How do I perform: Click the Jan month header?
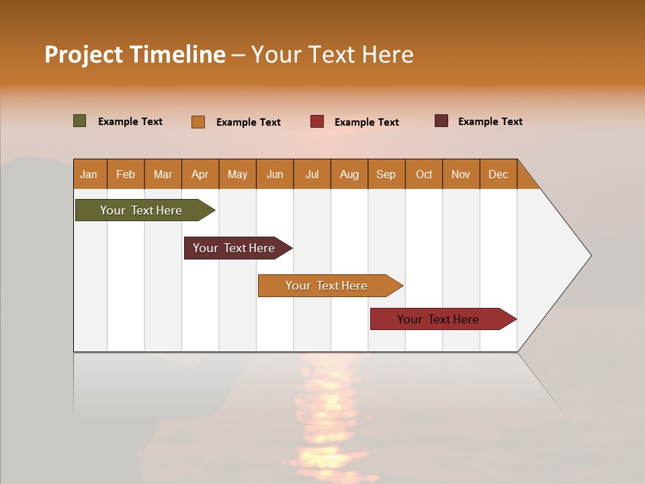pos(89,174)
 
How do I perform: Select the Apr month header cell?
pos(200,174)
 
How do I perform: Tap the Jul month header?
pos(312,174)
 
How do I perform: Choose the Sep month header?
pos(386,174)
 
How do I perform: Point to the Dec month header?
pos(499,174)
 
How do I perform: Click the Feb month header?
pos(126,174)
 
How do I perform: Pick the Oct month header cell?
pos(424,174)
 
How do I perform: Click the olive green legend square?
pos(80,121)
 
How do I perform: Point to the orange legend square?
pos(198,122)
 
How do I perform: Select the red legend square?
pos(317,122)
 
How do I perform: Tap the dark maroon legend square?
pos(441,121)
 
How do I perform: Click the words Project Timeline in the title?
pos(135,54)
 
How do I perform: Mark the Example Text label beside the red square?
pos(367,122)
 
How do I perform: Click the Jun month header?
pos(275,174)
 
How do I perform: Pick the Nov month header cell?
pos(461,174)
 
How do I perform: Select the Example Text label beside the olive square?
pos(130,122)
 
